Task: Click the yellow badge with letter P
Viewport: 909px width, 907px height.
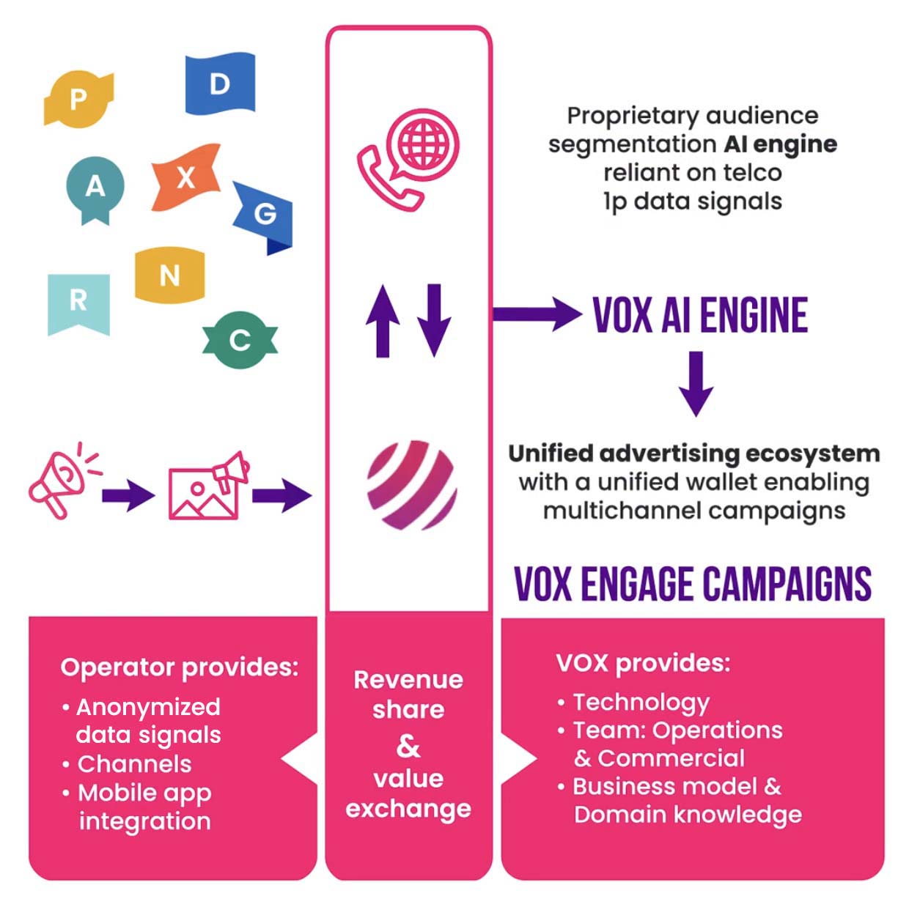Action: (78, 98)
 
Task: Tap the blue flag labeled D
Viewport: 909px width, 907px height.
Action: (220, 84)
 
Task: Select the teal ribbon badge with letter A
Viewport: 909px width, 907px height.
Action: (95, 188)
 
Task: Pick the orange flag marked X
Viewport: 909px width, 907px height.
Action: (186, 177)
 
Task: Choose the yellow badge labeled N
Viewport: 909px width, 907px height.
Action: (169, 275)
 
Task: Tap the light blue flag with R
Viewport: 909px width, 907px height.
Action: (78, 301)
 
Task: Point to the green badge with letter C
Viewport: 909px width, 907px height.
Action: (240, 340)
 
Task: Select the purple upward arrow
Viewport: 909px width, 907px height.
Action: (383, 320)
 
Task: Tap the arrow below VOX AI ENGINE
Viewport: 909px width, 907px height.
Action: (696, 382)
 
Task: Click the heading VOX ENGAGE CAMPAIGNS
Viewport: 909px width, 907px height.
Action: (693, 584)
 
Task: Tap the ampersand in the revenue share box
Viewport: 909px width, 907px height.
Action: (408, 745)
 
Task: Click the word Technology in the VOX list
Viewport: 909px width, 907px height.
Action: (641, 702)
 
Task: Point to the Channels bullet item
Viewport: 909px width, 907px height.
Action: (134, 764)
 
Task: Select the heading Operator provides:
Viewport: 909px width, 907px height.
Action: (180, 667)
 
